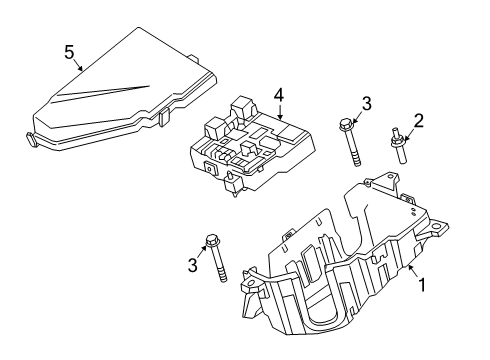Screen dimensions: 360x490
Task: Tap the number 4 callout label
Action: tap(280, 96)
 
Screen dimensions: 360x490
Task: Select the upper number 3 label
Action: tap(366, 103)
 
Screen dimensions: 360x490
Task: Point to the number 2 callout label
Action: tap(419, 121)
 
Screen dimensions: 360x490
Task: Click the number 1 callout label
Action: tap(421, 284)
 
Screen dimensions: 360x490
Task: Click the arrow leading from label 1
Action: tap(411, 272)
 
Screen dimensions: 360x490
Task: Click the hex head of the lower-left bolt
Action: tap(211, 241)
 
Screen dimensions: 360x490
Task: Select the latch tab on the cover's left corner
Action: tap(27, 141)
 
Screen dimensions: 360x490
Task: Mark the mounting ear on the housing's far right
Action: tap(437, 228)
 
